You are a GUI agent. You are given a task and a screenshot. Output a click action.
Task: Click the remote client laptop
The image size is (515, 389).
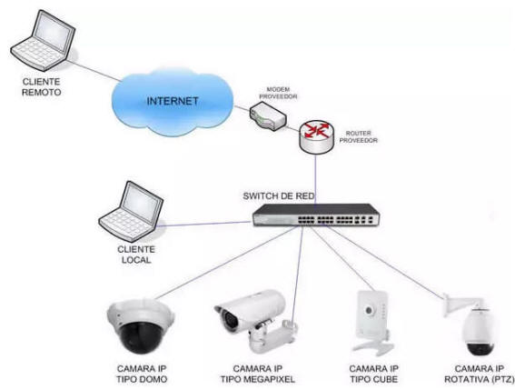pos(43,40)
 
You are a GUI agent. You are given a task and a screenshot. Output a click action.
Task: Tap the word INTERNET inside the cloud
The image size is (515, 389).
pos(173,101)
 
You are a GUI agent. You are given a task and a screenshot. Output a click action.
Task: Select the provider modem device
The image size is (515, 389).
pos(268,116)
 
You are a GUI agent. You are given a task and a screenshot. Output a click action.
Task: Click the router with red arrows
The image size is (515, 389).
pos(317,137)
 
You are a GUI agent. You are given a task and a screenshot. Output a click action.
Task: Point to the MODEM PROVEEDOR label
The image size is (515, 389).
pos(278,93)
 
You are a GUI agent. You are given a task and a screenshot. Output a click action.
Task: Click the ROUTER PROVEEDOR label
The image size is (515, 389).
pos(359,136)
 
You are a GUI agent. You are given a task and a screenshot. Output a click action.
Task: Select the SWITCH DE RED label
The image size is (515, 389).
pos(279,196)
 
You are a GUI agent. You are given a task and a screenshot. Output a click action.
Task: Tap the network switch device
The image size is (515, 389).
pos(316,215)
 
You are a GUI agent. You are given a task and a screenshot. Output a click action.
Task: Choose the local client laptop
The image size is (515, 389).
pos(132,212)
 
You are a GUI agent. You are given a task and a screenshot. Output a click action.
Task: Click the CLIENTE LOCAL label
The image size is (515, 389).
pos(136,254)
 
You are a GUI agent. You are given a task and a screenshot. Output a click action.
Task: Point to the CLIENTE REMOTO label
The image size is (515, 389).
pos(42,86)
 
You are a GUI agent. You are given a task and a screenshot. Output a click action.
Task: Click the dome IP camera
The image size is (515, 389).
pos(141,326)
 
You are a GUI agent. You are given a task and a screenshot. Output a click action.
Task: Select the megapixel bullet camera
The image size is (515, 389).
pos(256,320)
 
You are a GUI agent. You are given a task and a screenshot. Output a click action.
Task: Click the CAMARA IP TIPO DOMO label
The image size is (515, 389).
pos(142,374)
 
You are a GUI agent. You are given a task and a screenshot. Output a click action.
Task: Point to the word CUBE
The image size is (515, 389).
pos(386,380)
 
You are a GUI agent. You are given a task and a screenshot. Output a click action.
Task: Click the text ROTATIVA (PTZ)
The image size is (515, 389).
pos(480,380)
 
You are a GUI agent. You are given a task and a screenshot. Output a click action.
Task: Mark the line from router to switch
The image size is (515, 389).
pos(316,180)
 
